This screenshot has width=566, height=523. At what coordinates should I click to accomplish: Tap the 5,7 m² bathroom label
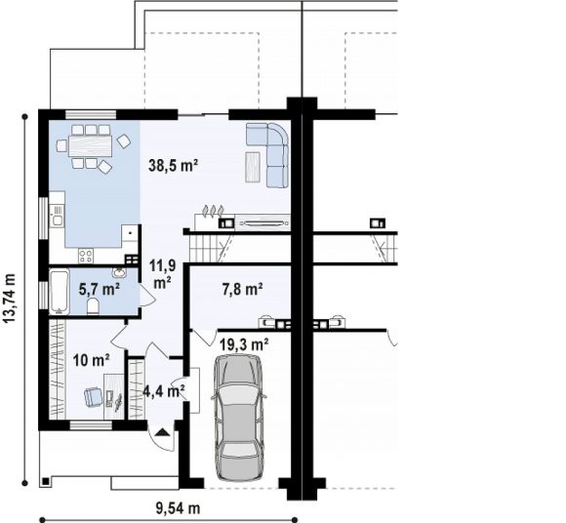(100, 289)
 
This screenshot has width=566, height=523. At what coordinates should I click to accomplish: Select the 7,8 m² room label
(242, 289)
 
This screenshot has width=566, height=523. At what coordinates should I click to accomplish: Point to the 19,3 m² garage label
(244, 344)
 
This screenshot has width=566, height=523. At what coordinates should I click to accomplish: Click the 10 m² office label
(92, 360)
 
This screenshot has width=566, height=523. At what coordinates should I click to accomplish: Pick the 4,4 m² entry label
(164, 390)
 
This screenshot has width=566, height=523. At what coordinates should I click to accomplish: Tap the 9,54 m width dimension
(178, 508)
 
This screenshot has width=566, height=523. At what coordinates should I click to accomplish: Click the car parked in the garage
(239, 418)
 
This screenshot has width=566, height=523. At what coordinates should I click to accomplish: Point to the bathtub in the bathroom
(59, 292)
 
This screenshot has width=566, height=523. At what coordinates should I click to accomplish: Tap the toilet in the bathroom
(93, 306)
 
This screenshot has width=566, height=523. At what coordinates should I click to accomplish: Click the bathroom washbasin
(119, 272)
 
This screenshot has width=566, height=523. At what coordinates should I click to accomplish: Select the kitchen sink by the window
(57, 216)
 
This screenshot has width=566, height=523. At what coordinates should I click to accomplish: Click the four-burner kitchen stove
(86, 256)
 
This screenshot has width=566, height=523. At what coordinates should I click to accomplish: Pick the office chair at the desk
(93, 397)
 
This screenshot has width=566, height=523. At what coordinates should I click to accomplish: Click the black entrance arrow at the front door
(163, 431)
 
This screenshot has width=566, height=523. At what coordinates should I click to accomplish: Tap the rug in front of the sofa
(253, 167)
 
